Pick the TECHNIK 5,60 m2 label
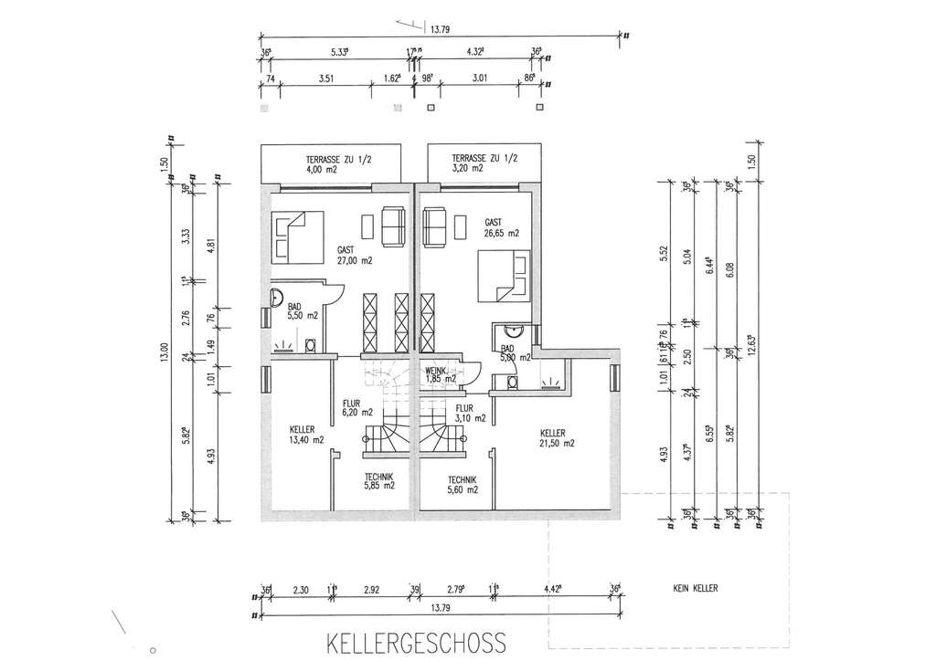click(463, 485)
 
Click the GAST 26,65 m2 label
click(501, 227)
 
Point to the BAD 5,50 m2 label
click(301, 310)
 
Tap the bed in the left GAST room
click(297, 236)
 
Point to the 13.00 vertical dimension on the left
click(165, 351)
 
